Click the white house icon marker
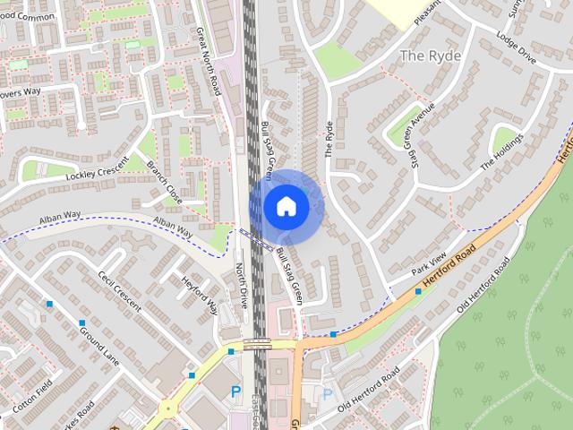pyautogui.click(x=286, y=206)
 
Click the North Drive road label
pyautogui.click(x=241, y=285)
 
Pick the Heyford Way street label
pyautogui.click(x=201, y=296)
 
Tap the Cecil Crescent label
pyautogui.click(x=120, y=291)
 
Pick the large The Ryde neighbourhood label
pyautogui.click(x=431, y=56)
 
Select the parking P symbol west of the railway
pyautogui.click(x=235, y=391)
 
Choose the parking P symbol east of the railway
pyautogui.click(x=328, y=394)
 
